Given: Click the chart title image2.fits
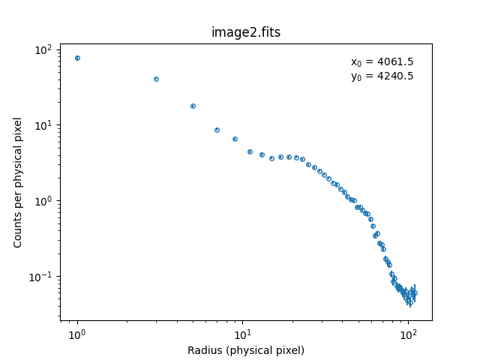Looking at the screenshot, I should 246,32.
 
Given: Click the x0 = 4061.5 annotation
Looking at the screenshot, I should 382,62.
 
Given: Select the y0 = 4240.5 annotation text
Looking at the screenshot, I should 382,76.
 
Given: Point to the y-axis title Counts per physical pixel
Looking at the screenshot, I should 18,182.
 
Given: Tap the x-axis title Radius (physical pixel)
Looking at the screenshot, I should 246,350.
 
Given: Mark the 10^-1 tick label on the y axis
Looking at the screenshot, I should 40,277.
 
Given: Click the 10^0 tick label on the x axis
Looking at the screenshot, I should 77,334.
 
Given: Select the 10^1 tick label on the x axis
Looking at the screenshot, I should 242,334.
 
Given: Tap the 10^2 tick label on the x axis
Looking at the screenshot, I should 408,334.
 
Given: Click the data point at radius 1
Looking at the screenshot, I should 77,58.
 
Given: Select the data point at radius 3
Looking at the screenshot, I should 156,79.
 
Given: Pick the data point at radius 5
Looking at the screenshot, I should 193,106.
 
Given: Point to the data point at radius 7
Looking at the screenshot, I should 217,130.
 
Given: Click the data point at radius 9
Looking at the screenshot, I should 235,139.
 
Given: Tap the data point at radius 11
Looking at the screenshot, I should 250,151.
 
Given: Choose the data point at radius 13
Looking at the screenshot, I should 262,154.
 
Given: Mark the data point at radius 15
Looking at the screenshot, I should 271,158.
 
